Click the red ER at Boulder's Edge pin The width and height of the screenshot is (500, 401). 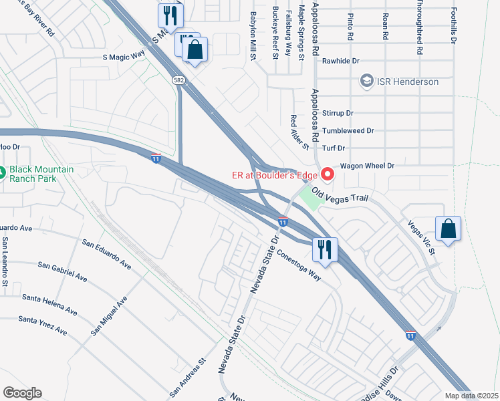327,175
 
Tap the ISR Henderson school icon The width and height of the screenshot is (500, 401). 366,82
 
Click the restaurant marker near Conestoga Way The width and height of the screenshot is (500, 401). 325,250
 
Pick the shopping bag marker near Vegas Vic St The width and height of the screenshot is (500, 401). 448,229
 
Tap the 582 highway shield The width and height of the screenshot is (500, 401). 178,80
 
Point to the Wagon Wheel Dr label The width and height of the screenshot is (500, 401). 368,165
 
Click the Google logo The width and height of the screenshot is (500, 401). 22,393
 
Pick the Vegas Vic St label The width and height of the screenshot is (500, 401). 419,238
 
